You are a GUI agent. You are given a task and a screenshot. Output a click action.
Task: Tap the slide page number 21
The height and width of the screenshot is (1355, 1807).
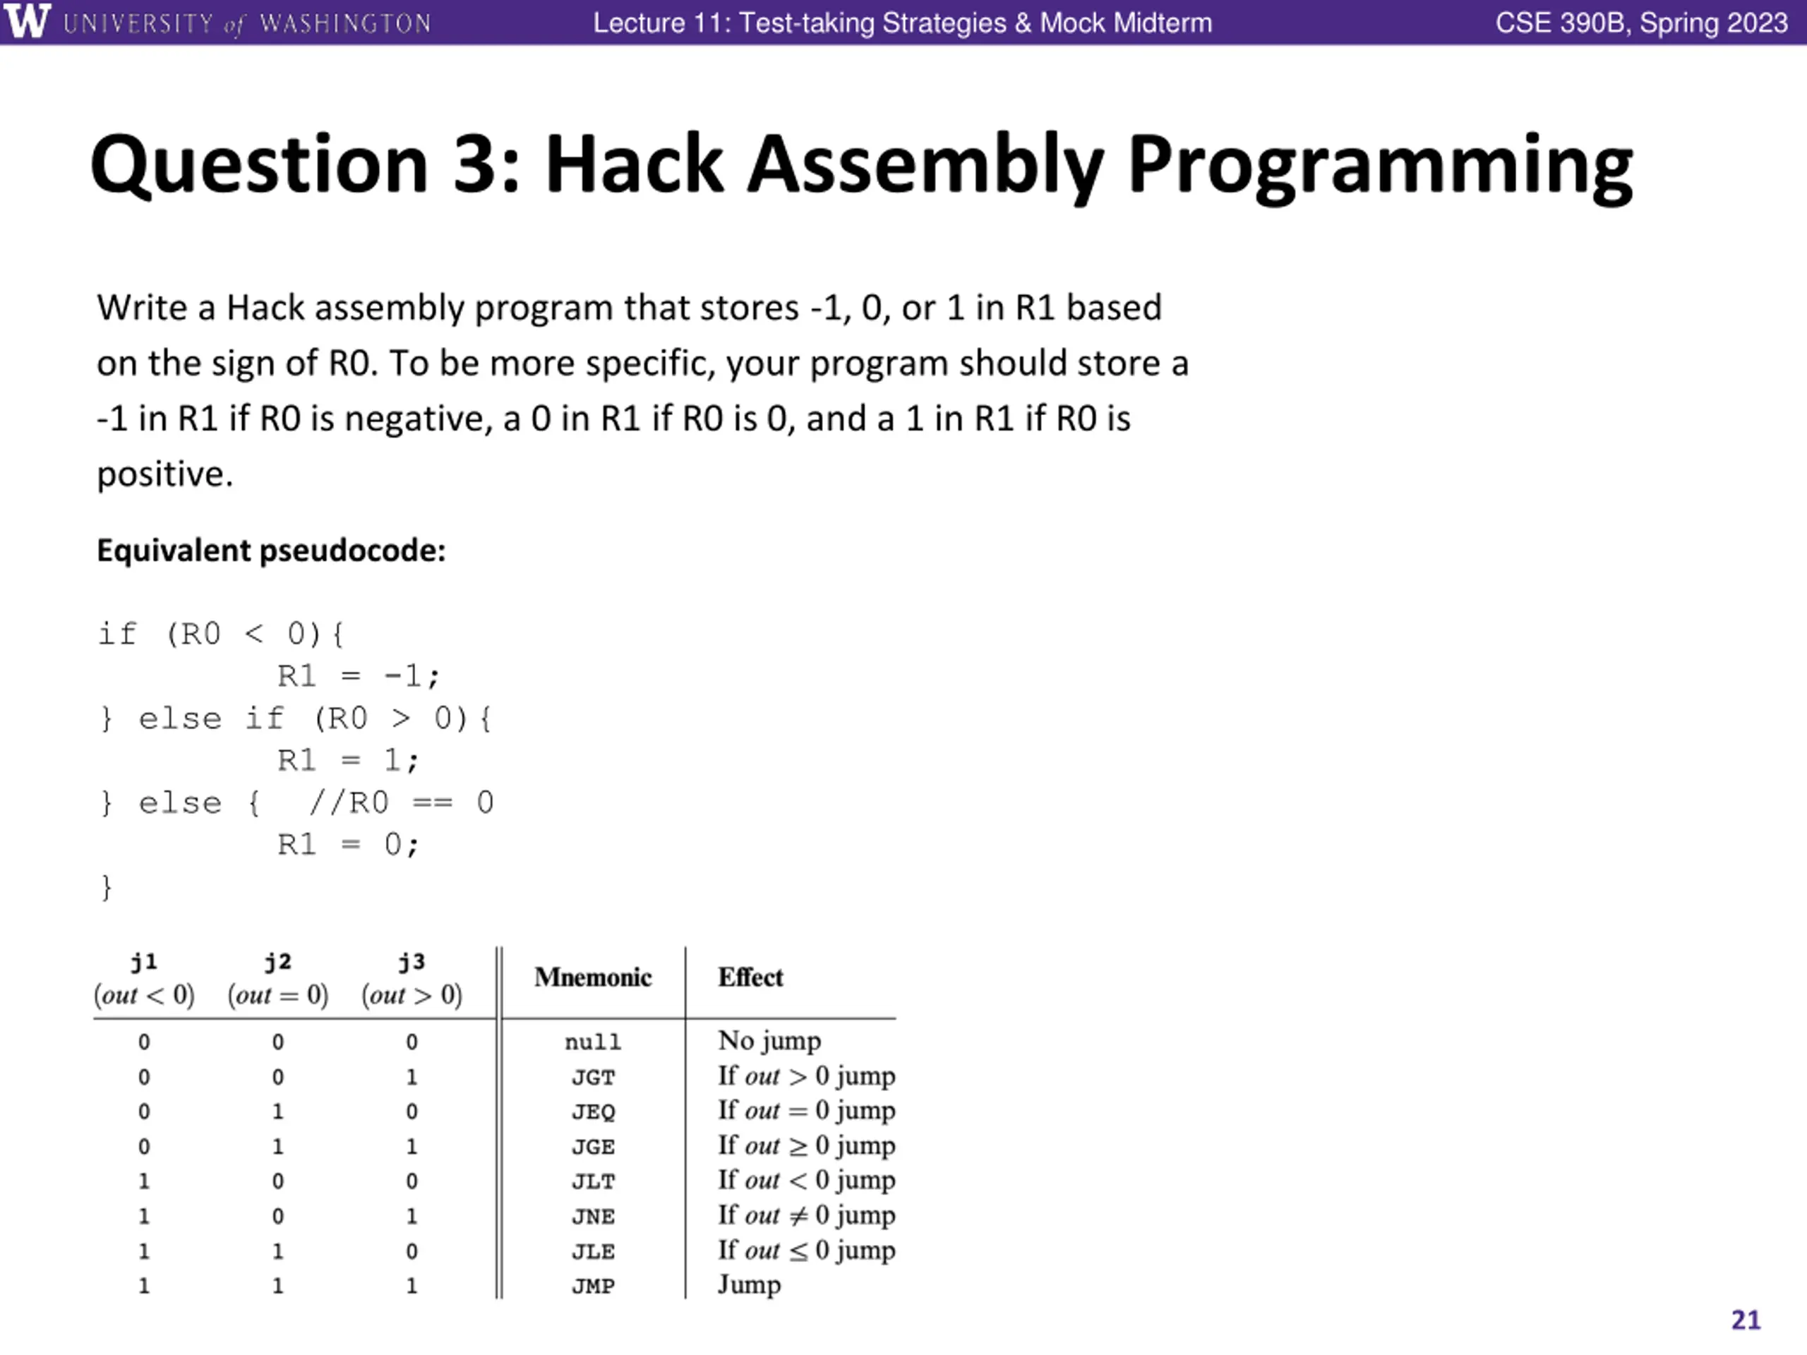pos(1746,1320)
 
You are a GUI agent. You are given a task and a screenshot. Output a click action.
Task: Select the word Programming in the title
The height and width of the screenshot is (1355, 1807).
pos(1380,167)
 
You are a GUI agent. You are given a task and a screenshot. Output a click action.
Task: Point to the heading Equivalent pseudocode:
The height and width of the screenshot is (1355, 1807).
pos(271,550)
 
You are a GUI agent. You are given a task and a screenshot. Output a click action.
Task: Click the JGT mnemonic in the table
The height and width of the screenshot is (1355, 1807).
pos(593,1078)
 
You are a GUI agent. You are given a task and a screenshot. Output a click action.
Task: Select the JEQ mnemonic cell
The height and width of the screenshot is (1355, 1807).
pos(593,1112)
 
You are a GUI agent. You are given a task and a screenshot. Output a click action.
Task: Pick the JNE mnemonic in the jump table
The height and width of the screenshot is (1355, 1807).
pos(593,1216)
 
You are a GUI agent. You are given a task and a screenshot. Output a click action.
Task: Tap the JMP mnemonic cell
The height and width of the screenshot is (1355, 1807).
pos(593,1286)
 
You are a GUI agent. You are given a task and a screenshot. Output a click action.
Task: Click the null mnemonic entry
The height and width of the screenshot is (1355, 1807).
pos(593,1042)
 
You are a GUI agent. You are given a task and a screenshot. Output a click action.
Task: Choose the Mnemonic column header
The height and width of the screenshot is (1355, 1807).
pos(593,977)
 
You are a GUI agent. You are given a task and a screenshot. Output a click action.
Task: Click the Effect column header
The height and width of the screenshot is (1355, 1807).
pos(750,977)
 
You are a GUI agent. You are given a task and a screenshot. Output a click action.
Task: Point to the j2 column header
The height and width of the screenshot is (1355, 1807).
pos(277,962)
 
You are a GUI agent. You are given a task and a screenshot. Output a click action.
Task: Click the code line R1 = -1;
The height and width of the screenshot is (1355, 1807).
pos(358,676)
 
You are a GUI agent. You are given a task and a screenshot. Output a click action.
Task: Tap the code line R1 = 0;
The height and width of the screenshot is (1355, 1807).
pos(348,845)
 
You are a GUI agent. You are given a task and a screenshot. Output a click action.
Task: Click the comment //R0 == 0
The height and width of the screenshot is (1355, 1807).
pos(401,803)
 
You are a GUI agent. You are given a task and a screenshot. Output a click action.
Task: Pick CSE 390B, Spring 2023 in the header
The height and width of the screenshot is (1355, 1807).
pos(1641,23)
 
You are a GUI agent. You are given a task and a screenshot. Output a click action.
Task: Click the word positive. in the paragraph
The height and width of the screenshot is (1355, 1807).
pos(165,474)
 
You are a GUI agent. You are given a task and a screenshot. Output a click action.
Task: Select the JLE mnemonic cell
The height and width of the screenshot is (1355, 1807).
pos(593,1251)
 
